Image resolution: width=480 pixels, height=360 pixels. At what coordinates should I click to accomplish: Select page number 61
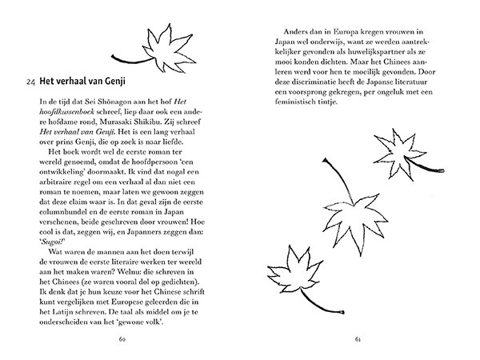pyautogui.click(x=358, y=340)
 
